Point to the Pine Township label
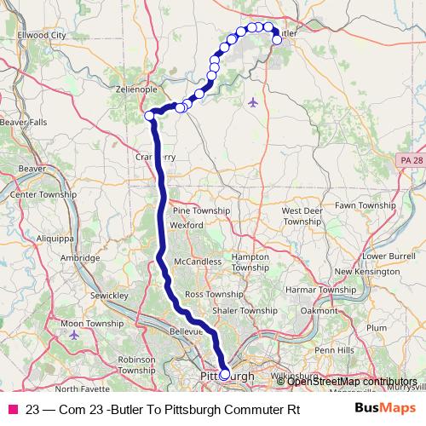[201, 210]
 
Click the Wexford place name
[187, 225]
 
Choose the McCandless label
[197, 261]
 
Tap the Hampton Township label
[250, 261]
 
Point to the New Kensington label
[367, 272]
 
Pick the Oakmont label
[319, 311]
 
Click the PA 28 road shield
[409, 160]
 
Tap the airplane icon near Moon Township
[74, 334]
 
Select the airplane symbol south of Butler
[253, 103]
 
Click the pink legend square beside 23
[13, 408]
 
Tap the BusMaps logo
[384, 408]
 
